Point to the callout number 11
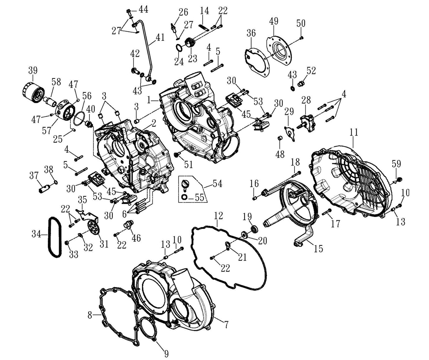click(x=353, y=132)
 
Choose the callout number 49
click(x=274, y=22)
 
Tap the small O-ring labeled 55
click(x=184, y=197)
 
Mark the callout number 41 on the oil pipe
click(x=160, y=38)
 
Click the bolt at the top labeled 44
click(x=129, y=12)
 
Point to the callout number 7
click(x=226, y=324)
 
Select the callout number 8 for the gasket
click(x=90, y=315)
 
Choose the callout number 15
click(x=318, y=249)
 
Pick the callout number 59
click(x=396, y=164)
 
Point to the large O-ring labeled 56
click(x=80, y=119)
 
